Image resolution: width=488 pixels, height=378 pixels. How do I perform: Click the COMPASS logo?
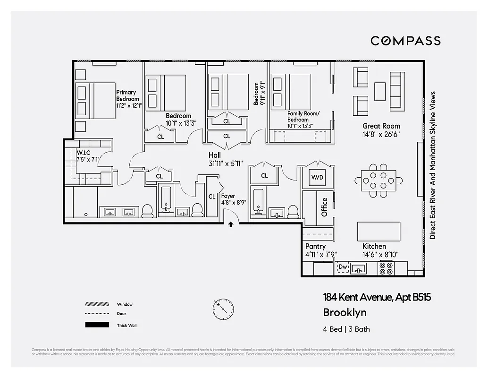[405, 41]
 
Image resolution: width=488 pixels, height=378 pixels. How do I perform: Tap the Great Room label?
[381, 126]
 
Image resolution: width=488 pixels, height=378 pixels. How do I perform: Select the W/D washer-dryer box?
[317, 178]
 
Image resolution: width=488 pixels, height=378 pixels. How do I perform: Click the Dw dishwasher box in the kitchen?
[342, 268]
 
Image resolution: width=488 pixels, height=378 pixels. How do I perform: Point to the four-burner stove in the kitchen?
[386, 268]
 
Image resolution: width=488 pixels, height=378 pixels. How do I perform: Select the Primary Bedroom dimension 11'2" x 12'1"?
[129, 106]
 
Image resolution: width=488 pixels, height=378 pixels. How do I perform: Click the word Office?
[324, 207]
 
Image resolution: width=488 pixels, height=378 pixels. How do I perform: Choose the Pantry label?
[315, 247]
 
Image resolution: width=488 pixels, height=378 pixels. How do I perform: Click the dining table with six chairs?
[379, 180]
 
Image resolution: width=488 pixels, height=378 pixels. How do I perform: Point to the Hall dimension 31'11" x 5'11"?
[226, 163]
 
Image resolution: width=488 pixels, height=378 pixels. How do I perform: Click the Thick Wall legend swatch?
[97, 325]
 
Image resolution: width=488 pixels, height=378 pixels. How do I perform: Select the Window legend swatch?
[97, 304]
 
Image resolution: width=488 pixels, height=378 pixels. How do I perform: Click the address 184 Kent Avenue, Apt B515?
[377, 298]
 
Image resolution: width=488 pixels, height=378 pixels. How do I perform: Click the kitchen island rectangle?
[379, 232]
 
